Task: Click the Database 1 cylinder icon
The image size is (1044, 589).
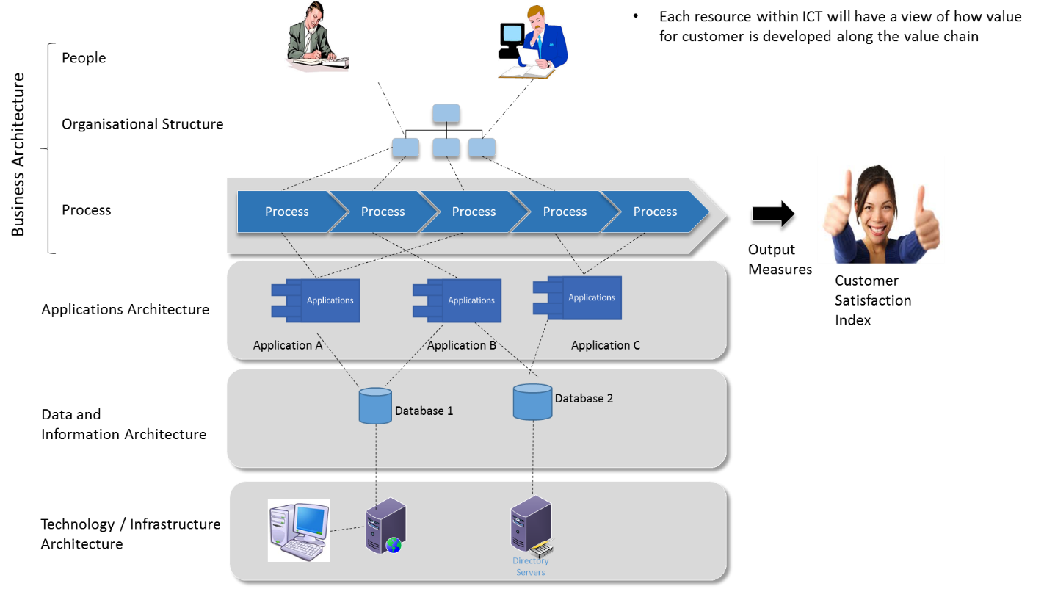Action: (x=375, y=406)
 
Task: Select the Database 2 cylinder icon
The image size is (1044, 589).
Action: (x=532, y=401)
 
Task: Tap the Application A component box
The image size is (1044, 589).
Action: (x=316, y=300)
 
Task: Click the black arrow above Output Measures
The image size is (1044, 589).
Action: (x=772, y=214)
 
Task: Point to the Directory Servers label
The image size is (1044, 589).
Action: (x=530, y=566)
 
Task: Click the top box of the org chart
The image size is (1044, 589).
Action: (x=446, y=113)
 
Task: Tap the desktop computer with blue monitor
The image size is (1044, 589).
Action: (x=298, y=530)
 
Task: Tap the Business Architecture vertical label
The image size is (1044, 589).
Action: (x=18, y=154)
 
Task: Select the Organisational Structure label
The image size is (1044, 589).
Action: (x=142, y=124)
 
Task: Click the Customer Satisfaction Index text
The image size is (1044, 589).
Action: (x=873, y=300)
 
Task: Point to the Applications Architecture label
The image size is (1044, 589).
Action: (x=125, y=309)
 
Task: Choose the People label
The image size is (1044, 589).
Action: (x=84, y=58)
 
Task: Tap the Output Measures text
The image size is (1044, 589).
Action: (x=780, y=259)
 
